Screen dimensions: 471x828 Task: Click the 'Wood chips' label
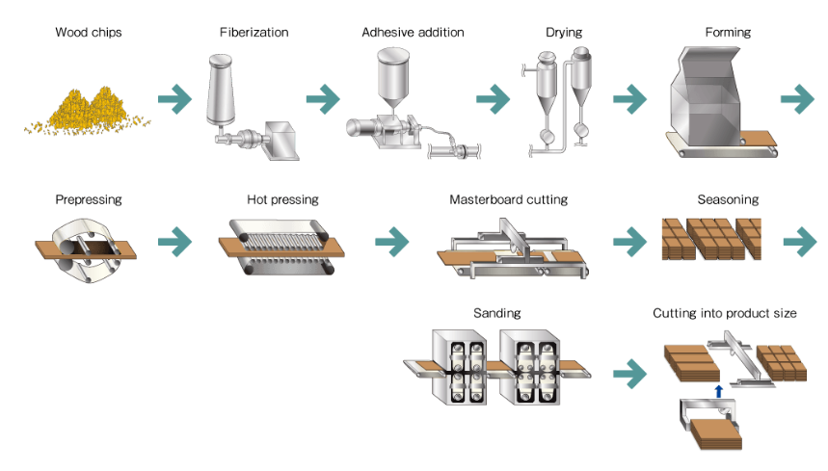pos(89,33)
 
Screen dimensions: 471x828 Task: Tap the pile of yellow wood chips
pos(88,110)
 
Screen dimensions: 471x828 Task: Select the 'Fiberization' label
pos(254,33)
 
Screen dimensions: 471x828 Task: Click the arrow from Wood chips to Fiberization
pos(175,97)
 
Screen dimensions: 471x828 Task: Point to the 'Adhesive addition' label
pos(413,33)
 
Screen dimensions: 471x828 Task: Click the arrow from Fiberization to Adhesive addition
pos(323,97)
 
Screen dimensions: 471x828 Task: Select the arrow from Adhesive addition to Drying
pos(493,97)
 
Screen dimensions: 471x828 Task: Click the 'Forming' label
pos(728,33)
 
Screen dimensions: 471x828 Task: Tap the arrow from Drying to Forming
pos(629,97)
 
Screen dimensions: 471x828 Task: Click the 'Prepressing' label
pos(89,200)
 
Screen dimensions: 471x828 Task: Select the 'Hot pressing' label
pos(282,200)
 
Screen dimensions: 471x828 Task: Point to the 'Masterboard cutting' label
pos(508,200)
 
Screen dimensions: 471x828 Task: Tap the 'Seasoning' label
pos(728,200)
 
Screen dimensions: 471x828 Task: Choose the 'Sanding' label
pos(497,313)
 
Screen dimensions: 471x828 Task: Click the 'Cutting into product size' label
pos(724,313)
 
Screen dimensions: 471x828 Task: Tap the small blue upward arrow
pos(717,389)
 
